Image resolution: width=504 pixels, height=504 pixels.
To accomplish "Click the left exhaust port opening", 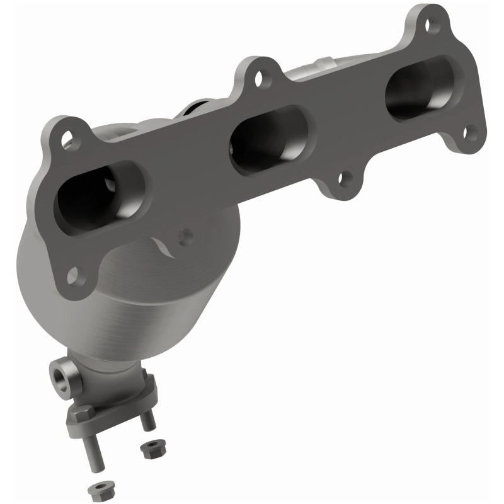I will [x=101, y=195].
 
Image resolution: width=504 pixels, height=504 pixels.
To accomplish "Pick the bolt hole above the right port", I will [x=430, y=26].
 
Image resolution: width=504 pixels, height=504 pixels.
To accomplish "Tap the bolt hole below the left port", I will [x=74, y=275].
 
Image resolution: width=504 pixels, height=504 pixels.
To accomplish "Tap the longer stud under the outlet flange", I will [x=94, y=454].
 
